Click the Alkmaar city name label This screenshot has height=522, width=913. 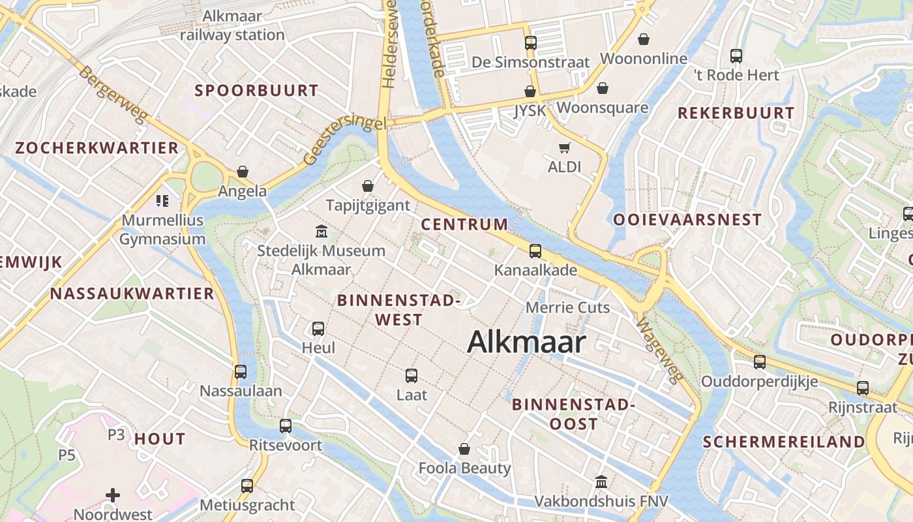click(x=526, y=343)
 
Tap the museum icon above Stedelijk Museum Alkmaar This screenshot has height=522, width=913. click(x=321, y=232)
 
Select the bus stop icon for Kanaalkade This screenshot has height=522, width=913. click(x=535, y=251)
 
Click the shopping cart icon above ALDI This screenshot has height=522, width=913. click(x=564, y=148)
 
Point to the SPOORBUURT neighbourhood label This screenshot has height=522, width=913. click(x=256, y=91)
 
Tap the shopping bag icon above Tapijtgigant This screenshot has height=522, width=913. click(x=368, y=186)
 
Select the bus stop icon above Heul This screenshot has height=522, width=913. click(x=318, y=328)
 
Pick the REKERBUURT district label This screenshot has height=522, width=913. click(x=736, y=113)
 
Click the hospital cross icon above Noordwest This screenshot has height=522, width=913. click(x=113, y=495)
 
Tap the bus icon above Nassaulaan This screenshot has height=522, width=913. click(x=241, y=372)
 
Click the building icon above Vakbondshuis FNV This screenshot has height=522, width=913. click(x=601, y=482)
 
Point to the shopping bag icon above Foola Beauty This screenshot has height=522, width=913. click(x=464, y=449)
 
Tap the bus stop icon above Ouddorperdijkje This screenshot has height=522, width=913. click(x=760, y=362)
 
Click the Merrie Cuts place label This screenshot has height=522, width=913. click(x=567, y=307)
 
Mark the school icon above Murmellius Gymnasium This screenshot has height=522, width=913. click(x=162, y=201)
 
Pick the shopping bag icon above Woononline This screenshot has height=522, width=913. click(x=644, y=39)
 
